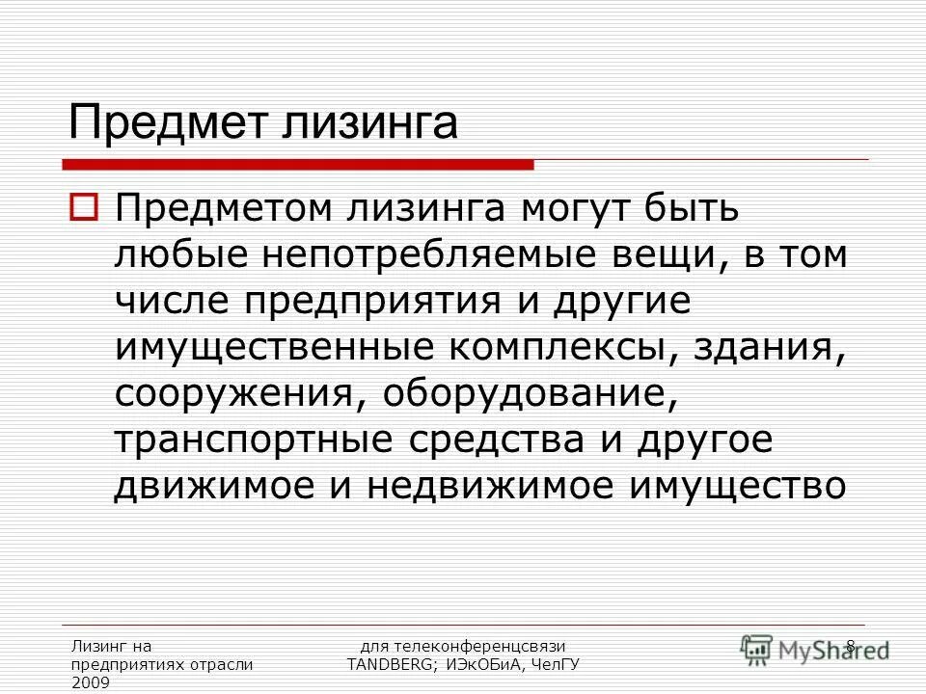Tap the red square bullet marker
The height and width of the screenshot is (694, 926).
83,206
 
